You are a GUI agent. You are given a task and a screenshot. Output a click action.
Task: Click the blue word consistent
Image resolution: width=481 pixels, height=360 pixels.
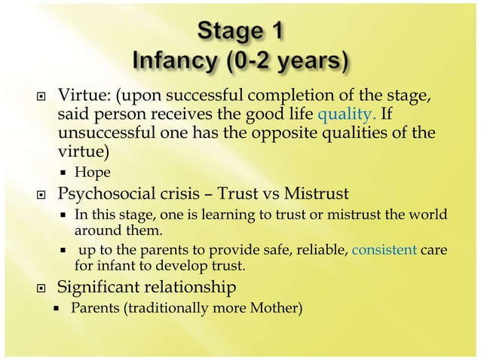click(385, 251)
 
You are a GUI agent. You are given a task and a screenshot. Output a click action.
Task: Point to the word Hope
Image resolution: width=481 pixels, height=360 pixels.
click(93, 172)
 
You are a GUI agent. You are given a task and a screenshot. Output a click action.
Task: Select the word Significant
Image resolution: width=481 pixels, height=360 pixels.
click(103, 286)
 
